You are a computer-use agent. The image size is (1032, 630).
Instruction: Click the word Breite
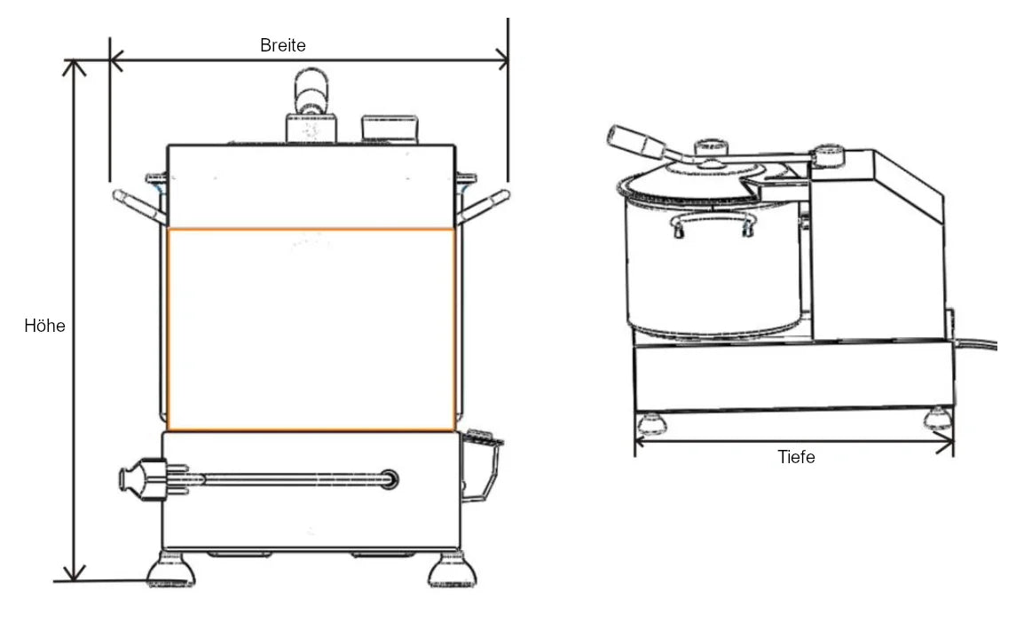(x=283, y=45)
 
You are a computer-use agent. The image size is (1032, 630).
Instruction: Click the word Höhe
(x=44, y=327)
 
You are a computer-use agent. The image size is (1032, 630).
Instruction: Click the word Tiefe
(x=796, y=458)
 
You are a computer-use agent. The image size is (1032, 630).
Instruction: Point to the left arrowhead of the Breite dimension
(x=115, y=60)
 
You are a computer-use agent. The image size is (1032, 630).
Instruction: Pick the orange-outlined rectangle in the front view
(x=311, y=330)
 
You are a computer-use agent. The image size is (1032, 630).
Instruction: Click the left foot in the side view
(x=654, y=421)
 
